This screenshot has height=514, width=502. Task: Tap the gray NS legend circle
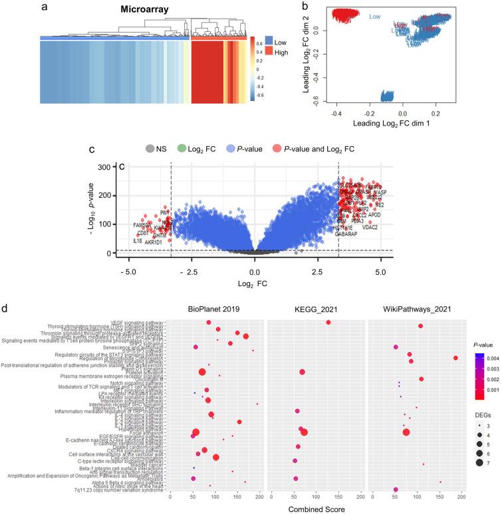click(x=151, y=149)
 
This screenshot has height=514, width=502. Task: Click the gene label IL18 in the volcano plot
click(x=138, y=241)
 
